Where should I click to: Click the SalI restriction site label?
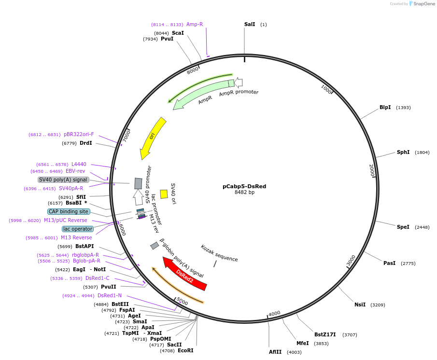[250, 25]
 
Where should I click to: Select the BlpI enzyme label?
[385, 108]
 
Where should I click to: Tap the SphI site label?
[403, 152]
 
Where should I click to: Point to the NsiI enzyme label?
[360, 305]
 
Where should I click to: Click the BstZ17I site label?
[324, 334]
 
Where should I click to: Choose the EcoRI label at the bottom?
[185, 350]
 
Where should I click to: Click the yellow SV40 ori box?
[164, 194]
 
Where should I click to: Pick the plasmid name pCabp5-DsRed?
[244, 186]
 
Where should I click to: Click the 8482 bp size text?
[244, 192]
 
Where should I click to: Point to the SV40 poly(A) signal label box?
[63, 180]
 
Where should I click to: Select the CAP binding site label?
[69, 211]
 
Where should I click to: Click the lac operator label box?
[77, 229]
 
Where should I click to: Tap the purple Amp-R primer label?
[195, 24]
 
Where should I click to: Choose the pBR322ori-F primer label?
[79, 135]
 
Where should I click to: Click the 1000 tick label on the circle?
[327, 89]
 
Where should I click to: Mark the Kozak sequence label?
[219, 253]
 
